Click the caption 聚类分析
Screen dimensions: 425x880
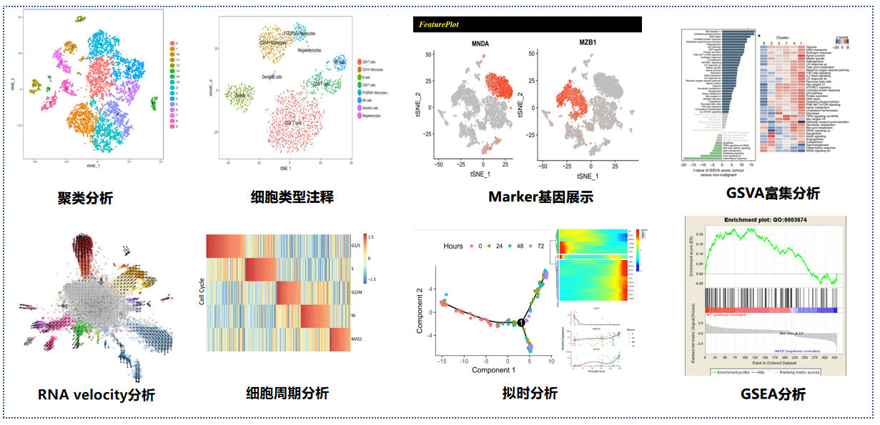click(x=85, y=198)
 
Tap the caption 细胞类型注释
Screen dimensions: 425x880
click(x=292, y=196)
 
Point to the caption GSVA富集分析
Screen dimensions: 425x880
click(x=772, y=193)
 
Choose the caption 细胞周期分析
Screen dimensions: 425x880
click(x=287, y=393)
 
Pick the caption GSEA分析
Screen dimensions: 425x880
click(x=772, y=394)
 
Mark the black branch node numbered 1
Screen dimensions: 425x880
click(x=522, y=324)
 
